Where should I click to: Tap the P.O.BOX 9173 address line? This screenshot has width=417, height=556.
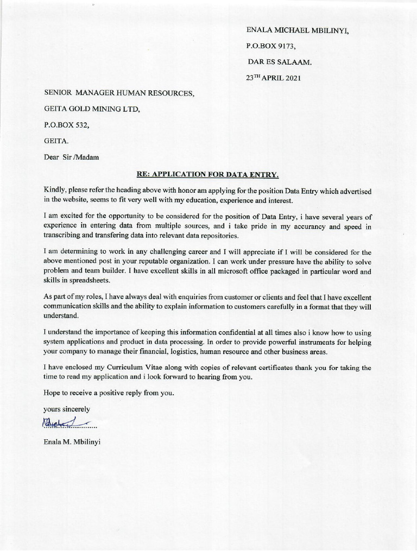(x=272, y=46)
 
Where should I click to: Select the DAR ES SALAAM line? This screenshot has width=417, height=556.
(x=280, y=62)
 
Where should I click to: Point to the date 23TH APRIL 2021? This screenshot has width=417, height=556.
(x=273, y=78)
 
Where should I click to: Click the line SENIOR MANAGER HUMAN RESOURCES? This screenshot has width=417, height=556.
(x=118, y=93)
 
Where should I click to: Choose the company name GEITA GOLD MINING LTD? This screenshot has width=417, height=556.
(x=92, y=109)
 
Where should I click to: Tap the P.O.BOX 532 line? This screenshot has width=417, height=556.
(x=66, y=125)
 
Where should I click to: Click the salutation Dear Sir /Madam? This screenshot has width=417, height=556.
(x=72, y=157)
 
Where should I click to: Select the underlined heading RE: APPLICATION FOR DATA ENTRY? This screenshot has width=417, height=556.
(x=207, y=174)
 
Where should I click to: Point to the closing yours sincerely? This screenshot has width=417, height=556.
(x=67, y=408)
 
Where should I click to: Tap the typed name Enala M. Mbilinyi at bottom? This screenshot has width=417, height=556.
(x=72, y=441)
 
